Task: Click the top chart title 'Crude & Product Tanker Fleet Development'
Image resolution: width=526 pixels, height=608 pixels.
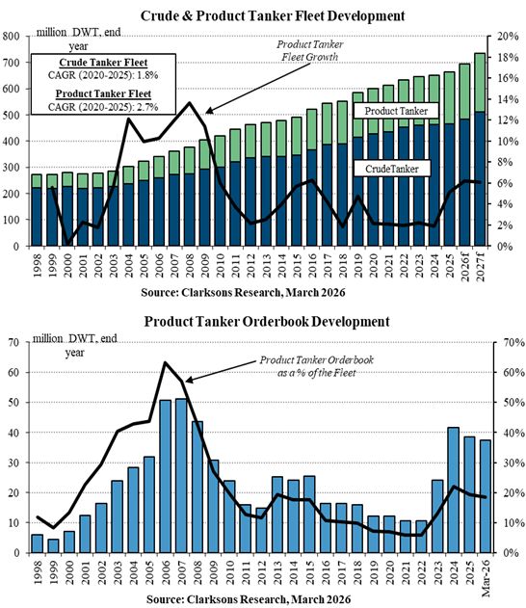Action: click(x=273, y=15)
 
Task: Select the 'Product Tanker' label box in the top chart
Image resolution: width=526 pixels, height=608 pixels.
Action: click(x=396, y=111)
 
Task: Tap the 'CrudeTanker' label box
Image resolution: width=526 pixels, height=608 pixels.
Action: click(x=392, y=169)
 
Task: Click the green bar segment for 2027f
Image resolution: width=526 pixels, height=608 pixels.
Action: click(x=480, y=83)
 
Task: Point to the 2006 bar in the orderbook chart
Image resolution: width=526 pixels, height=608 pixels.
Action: click(x=166, y=476)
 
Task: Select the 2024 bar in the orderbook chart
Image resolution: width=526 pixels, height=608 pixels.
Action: click(x=453, y=490)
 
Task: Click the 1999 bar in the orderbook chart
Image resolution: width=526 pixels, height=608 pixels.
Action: click(x=53, y=546)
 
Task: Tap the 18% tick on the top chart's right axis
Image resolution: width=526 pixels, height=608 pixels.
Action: click(x=508, y=58)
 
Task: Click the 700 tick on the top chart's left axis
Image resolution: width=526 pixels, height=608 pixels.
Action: click(x=11, y=63)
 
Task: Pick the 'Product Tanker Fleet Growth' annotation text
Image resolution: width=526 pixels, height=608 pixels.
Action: click(x=309, y=51)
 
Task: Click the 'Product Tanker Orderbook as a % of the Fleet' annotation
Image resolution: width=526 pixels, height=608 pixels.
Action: click(x=316, y=366)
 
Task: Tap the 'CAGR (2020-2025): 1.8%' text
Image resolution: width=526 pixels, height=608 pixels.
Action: click(x=103, y=75)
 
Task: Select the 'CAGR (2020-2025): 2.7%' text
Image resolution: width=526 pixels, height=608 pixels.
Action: click(x=103, y=107)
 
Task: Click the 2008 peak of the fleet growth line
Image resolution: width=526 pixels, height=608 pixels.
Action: click(x=189, y=103)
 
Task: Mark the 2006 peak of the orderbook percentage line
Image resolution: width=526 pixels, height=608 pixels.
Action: click(x=165, y=362)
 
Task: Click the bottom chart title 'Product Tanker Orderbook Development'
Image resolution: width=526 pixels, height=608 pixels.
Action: click(x=267, y=322)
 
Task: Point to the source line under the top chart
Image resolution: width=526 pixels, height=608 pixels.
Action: click(x=243, y=292)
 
